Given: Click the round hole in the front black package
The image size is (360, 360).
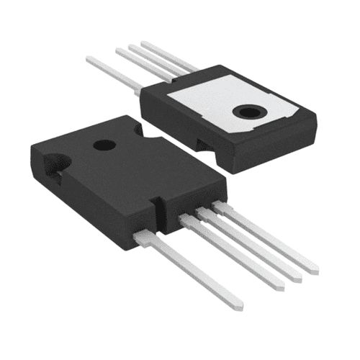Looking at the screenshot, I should click(x=104, y=145).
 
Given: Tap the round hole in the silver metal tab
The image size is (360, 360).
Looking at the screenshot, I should click(x=251, y=112).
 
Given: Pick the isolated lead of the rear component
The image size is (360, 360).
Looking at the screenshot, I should click(x=115, y=72).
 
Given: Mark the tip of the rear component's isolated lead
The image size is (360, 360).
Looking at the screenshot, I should click(x=89, y=59).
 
